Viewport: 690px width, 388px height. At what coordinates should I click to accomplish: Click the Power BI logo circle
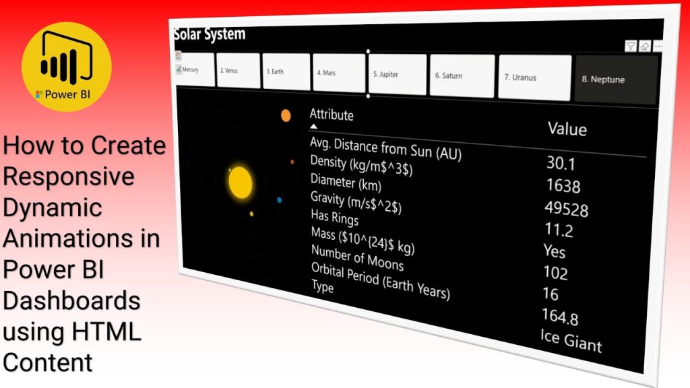(67, 67)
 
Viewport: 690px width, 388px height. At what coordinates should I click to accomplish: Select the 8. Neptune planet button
(616, 79)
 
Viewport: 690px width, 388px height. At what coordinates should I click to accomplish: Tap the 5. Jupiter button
(397, 74)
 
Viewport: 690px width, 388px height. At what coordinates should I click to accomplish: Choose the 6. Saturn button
(462, 75)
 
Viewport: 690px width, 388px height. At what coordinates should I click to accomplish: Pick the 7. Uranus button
(534, 77)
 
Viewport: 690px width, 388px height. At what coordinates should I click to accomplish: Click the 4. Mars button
(339, 73)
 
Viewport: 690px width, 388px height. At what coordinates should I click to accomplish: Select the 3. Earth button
(286, 71)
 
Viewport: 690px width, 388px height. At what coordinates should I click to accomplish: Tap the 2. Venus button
(238, 70)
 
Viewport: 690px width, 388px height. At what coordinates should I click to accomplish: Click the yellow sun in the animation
(241, 183)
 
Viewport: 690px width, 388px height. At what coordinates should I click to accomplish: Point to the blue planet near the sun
(279, 200)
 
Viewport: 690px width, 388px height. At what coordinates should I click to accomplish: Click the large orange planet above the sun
(286, 116)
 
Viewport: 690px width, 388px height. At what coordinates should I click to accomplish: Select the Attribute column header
(332, 115)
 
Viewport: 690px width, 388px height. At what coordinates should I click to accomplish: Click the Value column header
(567, 129)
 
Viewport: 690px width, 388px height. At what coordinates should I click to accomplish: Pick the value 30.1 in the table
(561, 163)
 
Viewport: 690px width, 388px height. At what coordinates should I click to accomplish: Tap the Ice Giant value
(571, 340)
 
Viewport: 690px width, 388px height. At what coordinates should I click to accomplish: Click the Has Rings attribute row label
(334, 217)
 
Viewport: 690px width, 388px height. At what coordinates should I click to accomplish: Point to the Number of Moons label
(357, 257)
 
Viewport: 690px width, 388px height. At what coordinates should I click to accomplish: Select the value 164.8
(560, 316)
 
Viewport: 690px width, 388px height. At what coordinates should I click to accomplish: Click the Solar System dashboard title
(210, 34)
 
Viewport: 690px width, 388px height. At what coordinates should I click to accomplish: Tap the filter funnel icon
(631, 46)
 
